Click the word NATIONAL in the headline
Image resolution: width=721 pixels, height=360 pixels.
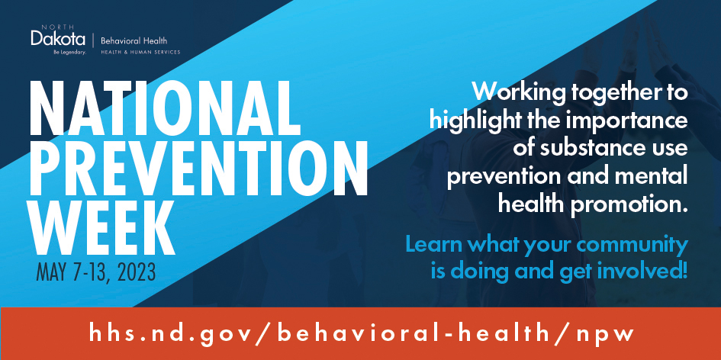pos(166,108)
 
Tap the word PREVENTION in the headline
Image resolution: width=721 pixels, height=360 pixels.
pos(198,169)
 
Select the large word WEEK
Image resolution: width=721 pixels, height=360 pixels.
pos(102,227)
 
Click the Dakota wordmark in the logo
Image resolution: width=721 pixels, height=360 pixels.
pos(58,38)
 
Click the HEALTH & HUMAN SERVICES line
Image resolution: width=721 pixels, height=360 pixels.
pos(140,53)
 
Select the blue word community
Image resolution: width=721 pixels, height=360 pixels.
pos(637,245)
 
